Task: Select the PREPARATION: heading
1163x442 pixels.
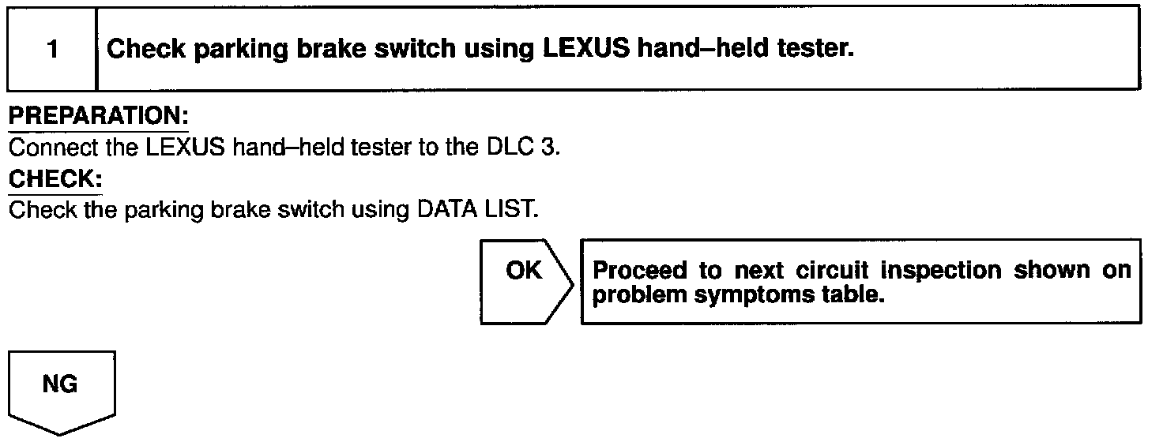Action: (x=98, y=116)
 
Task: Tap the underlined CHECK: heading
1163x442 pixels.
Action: (x=55, y=179)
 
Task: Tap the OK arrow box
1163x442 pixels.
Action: (x=524, y=280)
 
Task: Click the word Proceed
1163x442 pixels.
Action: (x=639, y=271)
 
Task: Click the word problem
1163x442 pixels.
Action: (x=630, y=294)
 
